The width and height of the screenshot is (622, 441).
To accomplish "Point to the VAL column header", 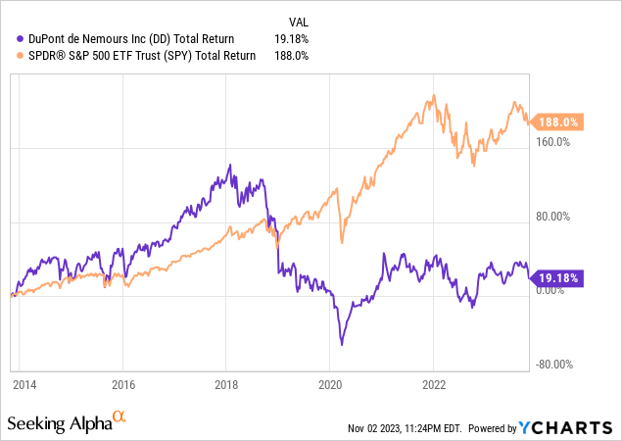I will (x=300, y=21).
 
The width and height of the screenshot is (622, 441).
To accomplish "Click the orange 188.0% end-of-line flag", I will (x=560, y=122).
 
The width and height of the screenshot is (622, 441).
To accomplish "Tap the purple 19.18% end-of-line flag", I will (x=559, y=279).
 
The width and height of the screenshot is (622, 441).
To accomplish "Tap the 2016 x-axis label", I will (x=122, y=385).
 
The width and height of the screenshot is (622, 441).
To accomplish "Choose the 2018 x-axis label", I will (x=226, y=385).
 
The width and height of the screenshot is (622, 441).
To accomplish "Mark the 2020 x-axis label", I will (x=330, y=385).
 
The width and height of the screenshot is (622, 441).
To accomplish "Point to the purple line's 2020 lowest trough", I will (x=342, y=344).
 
